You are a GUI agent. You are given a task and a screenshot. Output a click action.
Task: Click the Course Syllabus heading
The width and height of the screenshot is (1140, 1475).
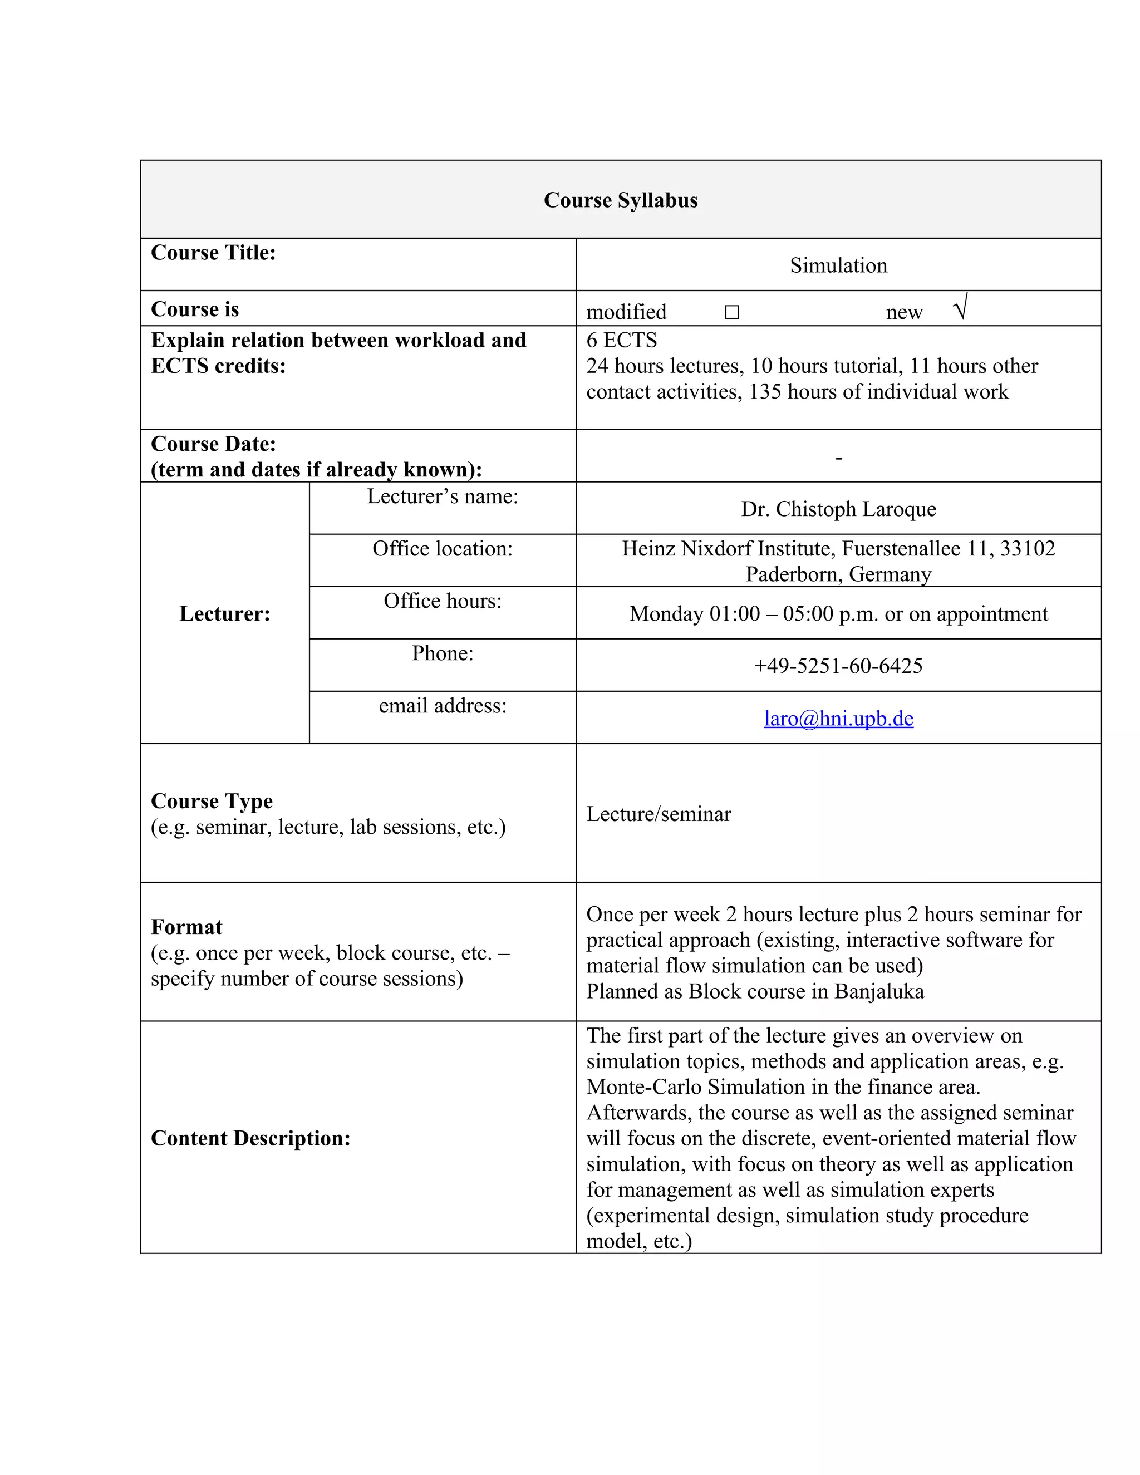tap(620, 200)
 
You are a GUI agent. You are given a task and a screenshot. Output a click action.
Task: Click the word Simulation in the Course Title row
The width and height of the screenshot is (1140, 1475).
tap(838, 265)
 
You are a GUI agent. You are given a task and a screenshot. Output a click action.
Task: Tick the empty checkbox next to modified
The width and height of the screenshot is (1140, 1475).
tap(731, 312)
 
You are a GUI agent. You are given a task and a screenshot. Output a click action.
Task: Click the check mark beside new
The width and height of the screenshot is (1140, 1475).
tap(960, 307)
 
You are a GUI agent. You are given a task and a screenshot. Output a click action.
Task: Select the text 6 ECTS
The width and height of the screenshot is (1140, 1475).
tap(621, 340)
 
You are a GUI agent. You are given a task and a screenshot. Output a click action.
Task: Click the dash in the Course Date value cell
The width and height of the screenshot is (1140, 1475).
tap(838, 459)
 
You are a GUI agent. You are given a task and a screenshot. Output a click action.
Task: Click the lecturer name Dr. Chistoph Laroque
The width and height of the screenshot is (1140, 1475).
tap(838, 509)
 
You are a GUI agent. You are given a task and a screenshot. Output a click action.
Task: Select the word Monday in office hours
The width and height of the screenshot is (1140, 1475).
tap(666, 614)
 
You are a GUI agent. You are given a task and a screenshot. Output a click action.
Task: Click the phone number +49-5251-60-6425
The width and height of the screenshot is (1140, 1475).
tap(838, 666)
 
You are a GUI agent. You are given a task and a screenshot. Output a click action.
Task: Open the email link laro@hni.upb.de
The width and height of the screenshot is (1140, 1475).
tap(838, 718)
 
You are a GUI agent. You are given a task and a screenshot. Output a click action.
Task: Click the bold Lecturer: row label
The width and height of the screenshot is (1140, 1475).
tap(224, 613)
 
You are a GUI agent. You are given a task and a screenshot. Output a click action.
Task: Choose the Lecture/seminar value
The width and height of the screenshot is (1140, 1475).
tap(658, 814)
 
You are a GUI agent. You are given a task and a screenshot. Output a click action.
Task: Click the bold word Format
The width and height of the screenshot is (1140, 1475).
tap(186, 927)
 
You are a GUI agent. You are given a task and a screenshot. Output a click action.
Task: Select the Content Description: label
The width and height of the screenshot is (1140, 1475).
tap(250, 1138)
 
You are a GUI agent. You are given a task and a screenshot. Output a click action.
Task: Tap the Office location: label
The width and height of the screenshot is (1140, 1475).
tap(443, 548)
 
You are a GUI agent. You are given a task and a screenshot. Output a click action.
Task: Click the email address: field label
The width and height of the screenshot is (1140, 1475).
tap(443, 706)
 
